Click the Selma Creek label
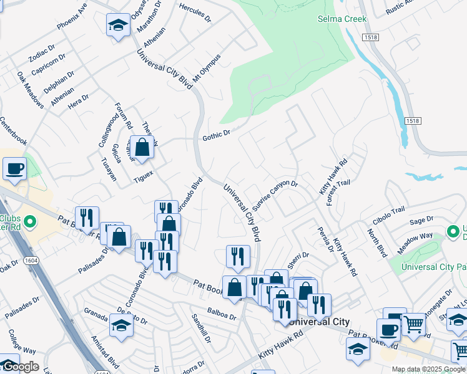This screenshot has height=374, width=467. pos(342,19)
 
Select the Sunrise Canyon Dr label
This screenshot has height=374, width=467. pos(275,196)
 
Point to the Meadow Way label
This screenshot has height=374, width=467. pos(418,236)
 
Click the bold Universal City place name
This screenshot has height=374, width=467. pos(320,322)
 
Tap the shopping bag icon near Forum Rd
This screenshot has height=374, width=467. pos(142,148)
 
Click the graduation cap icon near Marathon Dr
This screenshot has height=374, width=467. pos(117,26)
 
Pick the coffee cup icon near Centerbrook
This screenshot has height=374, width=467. pos(14,168)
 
